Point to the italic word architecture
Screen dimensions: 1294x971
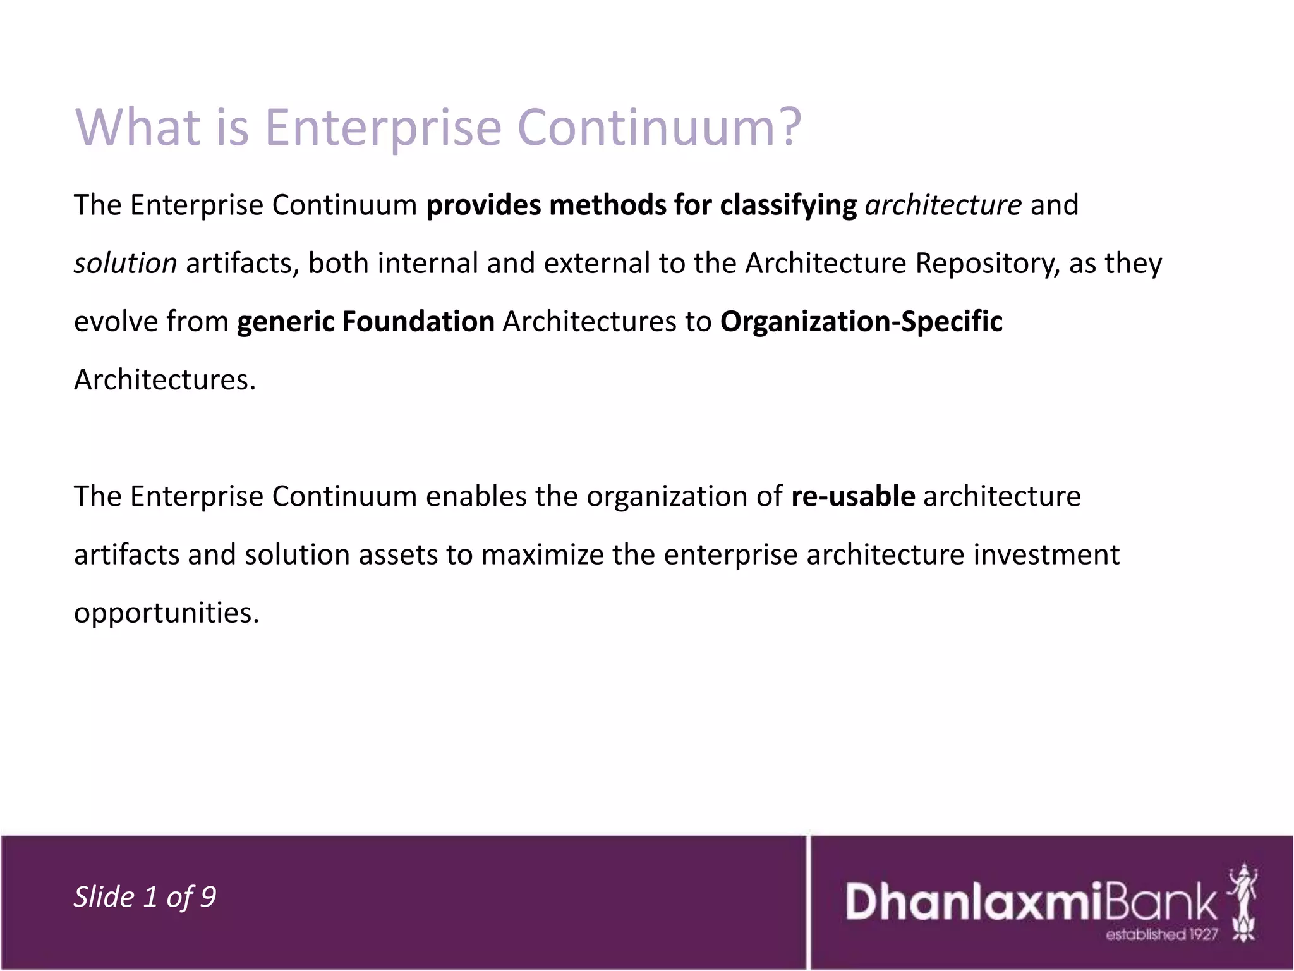coord(943,205)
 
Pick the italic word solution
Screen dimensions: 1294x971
coord(126,263)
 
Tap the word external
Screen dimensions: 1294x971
coord(596,263)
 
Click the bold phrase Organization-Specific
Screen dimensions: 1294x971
coord(861,322)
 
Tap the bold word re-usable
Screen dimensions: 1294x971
coord(853,496)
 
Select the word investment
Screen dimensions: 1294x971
coord(1046,555)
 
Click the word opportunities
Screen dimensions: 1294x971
coord(167,613)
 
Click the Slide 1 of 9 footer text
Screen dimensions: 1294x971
coord(145,896)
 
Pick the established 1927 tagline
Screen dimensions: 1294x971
coord(1161,934)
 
